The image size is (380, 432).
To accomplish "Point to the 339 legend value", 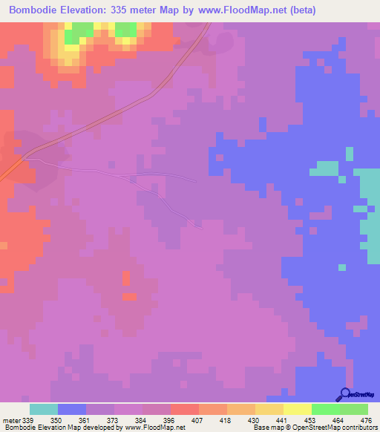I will point(29,420).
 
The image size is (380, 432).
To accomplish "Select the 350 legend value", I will point(57,420).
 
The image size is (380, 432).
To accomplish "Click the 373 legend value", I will point(114,420).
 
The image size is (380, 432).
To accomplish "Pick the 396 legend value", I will point(170,420).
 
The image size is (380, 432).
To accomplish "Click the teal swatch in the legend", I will point(43,409).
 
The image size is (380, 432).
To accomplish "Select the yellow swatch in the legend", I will point(297,409).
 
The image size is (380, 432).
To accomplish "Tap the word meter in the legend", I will point(10,420).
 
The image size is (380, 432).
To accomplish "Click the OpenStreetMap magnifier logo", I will point(344,393).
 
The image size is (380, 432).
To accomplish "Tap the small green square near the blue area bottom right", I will point(341,266).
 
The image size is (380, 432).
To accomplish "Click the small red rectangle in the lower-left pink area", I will point(129,297).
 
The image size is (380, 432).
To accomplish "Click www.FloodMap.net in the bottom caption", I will point(155,428).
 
